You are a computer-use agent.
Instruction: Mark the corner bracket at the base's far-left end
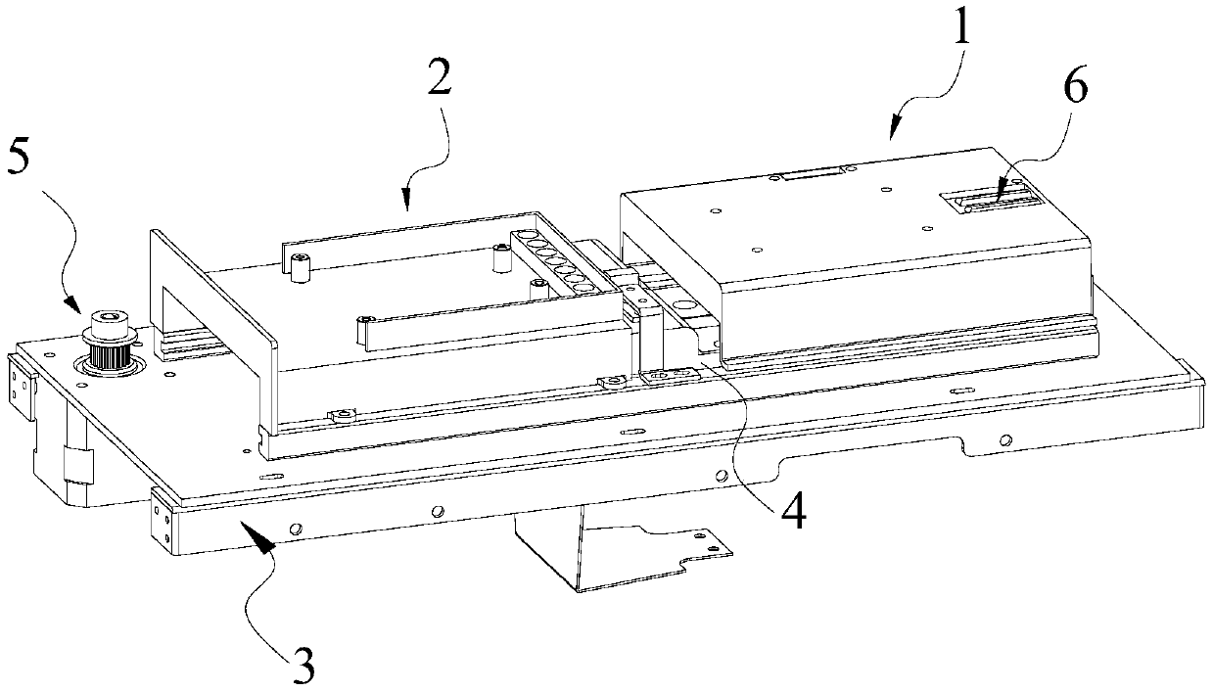(x=21, y=381)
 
